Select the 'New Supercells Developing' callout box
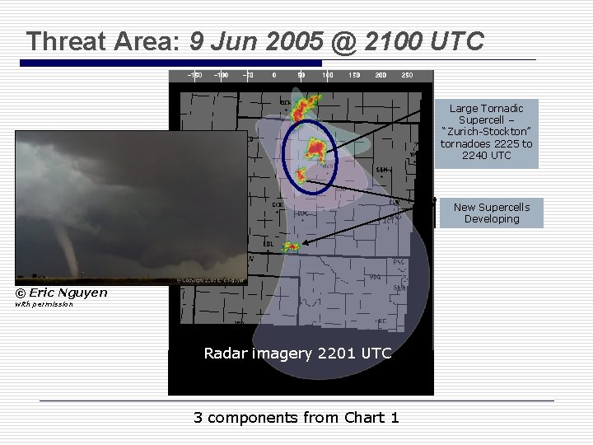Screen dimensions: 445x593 tap(491, 213)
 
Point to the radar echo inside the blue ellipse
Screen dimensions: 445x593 tap(315, 148)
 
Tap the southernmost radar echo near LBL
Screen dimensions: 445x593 tap(291, 246)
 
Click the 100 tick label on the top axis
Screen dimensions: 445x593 tap(328, 75)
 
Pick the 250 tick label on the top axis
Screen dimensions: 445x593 tap(407, 75)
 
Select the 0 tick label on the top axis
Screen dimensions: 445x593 tap(274, 75)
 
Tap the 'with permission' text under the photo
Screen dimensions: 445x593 tap(44, 304)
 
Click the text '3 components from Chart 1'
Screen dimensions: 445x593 tap(296, 417)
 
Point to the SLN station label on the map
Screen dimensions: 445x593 tap(381, 170)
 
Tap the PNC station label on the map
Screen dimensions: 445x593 tap(399, 262)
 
